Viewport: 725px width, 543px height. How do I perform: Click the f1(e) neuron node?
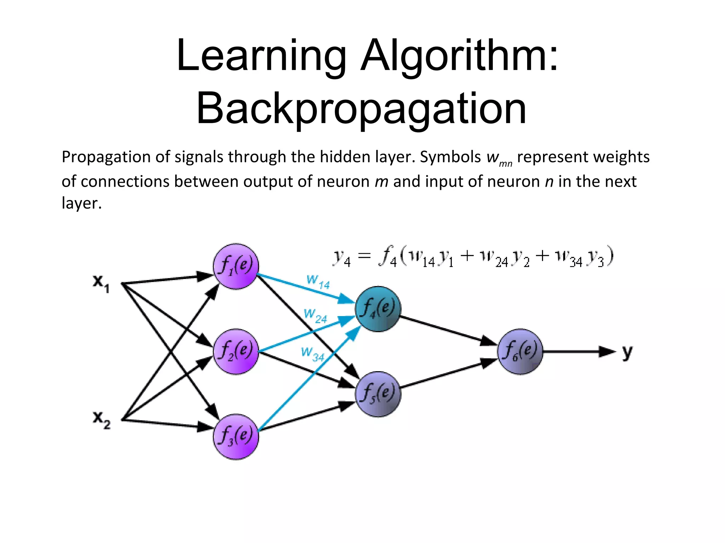pos(236,266)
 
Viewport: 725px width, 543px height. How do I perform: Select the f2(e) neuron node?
pos(236,351)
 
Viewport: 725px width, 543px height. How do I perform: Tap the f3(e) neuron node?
pos(236,437)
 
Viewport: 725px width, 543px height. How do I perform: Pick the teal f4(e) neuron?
pos(378,309)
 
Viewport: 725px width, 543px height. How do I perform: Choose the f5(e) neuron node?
pos(378,394)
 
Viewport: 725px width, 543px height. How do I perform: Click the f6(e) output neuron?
pos(520,351)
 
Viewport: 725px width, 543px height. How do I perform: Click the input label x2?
pos(101,420)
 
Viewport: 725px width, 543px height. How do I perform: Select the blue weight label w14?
pos(318,282)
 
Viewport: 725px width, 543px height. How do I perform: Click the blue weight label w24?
pos(315,316)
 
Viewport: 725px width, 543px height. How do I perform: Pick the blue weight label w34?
pos(313,354)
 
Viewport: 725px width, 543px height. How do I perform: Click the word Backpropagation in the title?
pos(361,109)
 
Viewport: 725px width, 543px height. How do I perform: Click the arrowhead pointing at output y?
pos(607,351)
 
